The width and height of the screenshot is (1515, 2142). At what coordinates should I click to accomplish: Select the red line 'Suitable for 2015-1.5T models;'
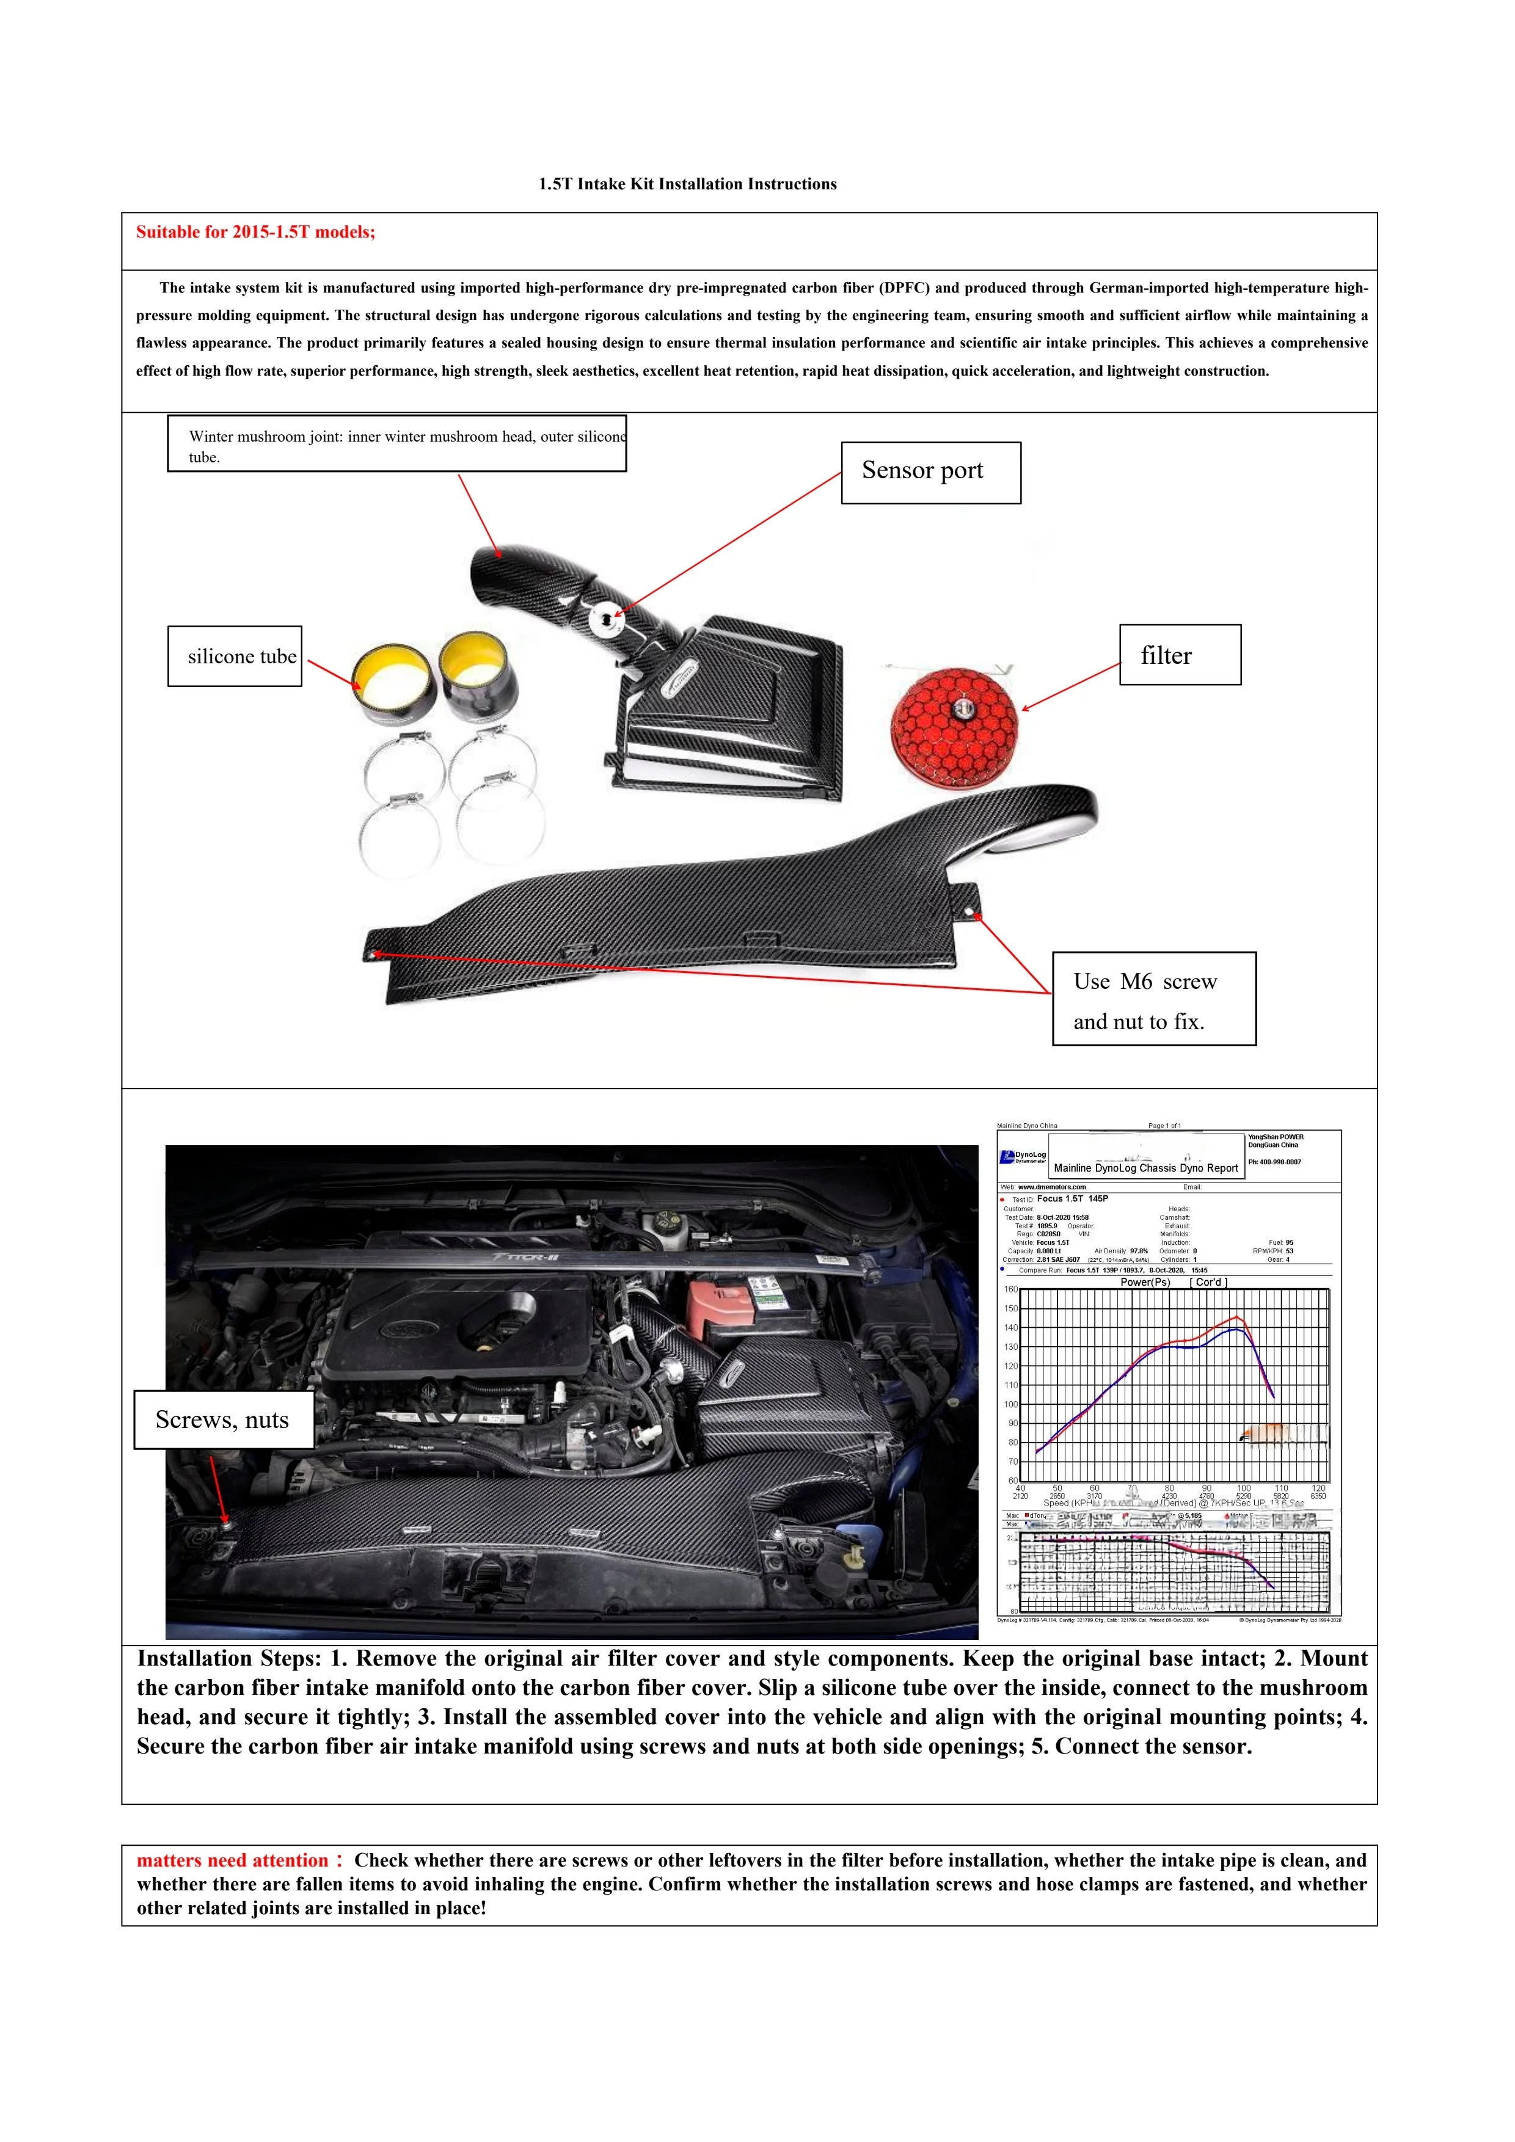pos(255,232)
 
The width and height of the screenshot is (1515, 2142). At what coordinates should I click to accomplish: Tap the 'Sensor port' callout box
pos(930,472)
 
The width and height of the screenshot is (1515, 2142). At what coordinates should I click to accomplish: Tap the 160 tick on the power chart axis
pos(1011,1289)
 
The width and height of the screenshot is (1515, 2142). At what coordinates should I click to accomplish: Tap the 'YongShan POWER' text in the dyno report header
pos(1276,1137)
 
